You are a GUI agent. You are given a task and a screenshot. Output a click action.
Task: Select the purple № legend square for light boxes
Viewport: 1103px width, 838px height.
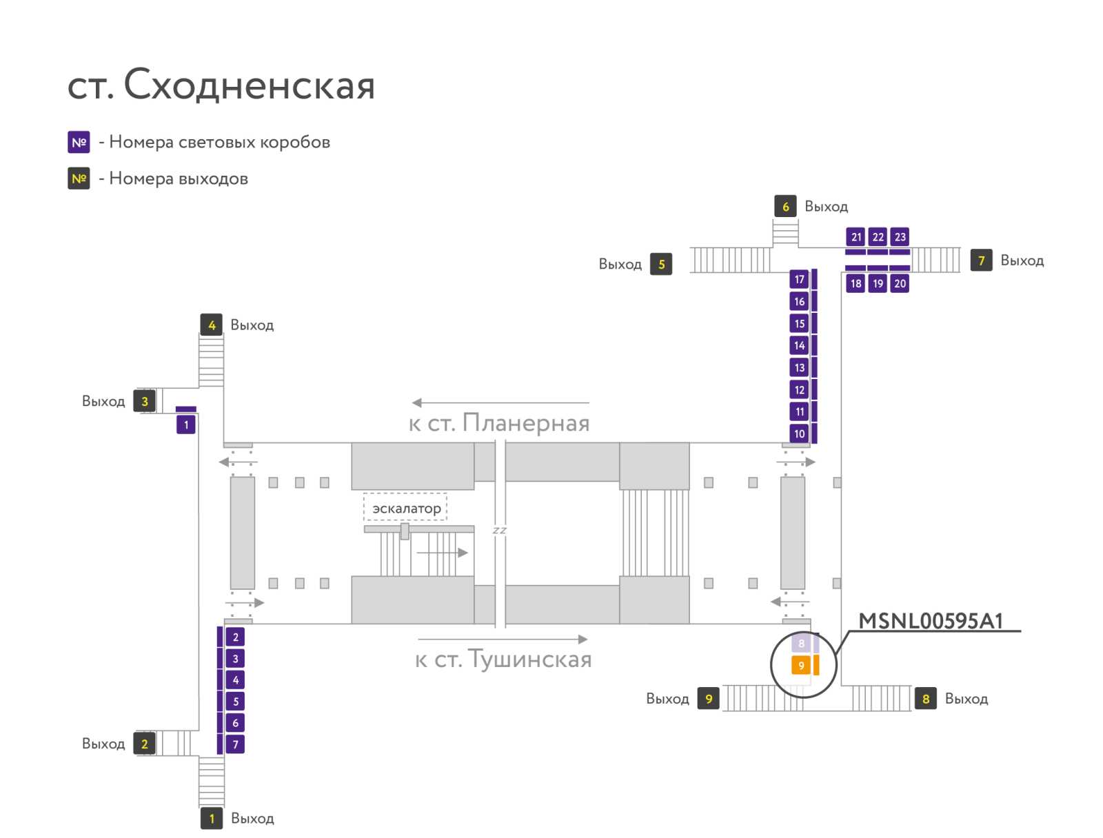pyautogui.click(x=79, y=142)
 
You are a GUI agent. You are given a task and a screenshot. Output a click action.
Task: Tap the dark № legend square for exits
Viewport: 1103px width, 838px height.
pyautogui.click(x=79, y=178)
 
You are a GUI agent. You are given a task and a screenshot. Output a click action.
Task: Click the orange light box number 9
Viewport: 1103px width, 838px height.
pyautogui.click(x=801, y=665)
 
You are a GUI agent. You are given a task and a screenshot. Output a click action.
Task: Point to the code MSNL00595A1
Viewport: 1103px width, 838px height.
pyautogui.click(x=931, y=621)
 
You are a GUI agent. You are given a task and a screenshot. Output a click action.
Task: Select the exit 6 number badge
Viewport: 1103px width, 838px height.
pyautogui.click(x=785, y=206)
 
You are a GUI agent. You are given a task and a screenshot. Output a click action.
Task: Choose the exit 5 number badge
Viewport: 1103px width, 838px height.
pyautogui.click(x=661, y=264)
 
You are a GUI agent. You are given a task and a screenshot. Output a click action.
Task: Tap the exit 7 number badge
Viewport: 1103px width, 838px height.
pyautogui.click(x=982, y=260)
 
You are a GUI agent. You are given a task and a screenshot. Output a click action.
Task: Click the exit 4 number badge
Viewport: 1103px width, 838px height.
pyautogui.click(x=212, y=325)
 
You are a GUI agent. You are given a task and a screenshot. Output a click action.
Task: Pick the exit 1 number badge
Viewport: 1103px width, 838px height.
pyautogui.click(x=212, y=819)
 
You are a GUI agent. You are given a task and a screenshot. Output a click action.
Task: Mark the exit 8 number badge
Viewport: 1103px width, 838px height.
pyautogui.click(x=926, y=698)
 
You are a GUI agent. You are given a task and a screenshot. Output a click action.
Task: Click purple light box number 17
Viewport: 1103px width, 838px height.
pyautogui.click(x=799, y=279)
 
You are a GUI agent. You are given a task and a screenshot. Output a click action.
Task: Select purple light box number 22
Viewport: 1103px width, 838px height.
pyautogui.click(x=878, y=237)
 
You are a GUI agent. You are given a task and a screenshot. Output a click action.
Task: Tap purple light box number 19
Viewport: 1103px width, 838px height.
pyautogui.click(x=878, y=284)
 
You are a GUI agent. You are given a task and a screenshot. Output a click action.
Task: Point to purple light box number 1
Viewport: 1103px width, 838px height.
pyautogui.click(x=186, y=425)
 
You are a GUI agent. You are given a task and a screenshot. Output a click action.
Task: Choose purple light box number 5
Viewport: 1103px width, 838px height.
pyautogui.click(x=235, y=702)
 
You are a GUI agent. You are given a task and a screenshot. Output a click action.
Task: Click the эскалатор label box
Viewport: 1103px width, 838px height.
pyautogui.click(x=405, y=508)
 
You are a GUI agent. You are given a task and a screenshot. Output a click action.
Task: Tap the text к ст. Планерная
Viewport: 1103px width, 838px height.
pyautogui.click(x=499, y=422)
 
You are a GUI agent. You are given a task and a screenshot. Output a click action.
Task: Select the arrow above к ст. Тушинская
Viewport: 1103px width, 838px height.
pyautogui.click(x=503, y=639)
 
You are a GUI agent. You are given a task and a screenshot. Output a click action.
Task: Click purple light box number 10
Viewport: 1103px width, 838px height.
pyautogui.click(x=799, y=433)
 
